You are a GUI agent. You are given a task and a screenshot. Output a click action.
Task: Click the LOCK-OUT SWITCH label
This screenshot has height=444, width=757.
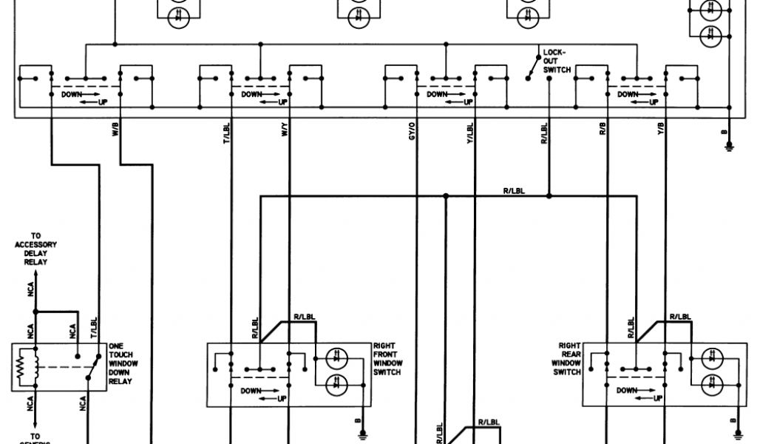[x=554, y=61]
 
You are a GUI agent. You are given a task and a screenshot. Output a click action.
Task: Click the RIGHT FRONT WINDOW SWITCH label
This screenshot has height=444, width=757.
[x=387, y=359]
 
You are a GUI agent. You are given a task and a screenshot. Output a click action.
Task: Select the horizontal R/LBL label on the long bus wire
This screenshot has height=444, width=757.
[x=513, y=192]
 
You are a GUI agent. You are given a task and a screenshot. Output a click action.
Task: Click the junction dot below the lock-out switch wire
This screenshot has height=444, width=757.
[x=549, y=196]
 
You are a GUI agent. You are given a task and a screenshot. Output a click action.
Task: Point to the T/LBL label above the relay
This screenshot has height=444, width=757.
[x=94, y=326]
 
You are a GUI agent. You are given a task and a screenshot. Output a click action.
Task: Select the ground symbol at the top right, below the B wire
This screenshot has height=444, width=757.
[x=729, y=147]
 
